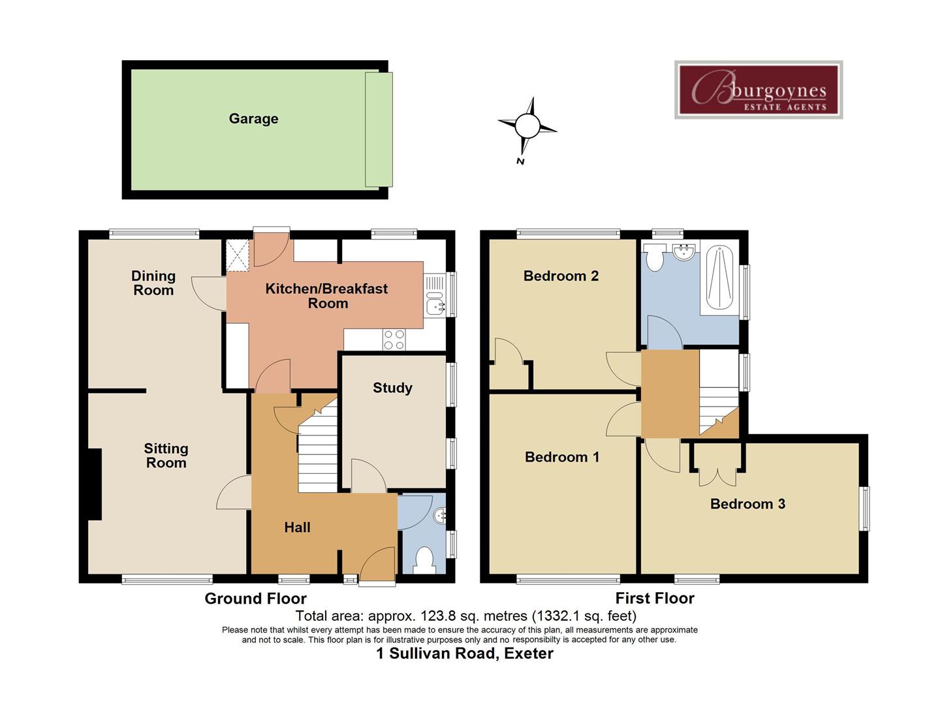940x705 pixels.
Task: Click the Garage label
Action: (253, 119)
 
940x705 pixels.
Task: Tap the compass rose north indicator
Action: (527, 125)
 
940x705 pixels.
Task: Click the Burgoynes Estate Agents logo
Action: (758, 90)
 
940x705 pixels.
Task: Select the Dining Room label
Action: (153, 283)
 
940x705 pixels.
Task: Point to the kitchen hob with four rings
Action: (394, 339)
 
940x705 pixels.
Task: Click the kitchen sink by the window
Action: (434, 305)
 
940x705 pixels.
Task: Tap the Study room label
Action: (392, 388)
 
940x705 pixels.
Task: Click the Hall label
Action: (297, 527)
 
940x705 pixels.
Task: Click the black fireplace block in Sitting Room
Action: (95, 484)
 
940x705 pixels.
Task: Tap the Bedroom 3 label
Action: (747, 504)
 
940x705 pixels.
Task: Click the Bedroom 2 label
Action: (561, 276)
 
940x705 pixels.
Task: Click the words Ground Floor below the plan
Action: (255, 599)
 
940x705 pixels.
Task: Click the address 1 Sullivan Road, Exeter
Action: (465, 653)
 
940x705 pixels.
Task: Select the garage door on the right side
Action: (379, 129)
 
